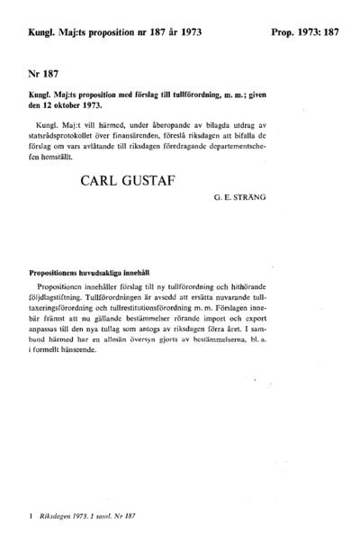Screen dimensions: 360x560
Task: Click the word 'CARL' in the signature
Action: point(104,182)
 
